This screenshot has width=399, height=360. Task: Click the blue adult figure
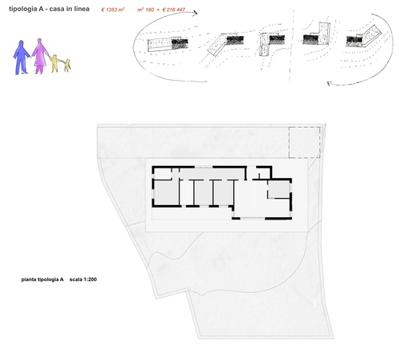click(22, 57)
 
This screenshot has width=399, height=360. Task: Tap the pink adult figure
click(40, 56)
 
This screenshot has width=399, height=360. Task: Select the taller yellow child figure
click(55, 63)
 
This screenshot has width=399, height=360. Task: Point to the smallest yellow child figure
click(68, 65)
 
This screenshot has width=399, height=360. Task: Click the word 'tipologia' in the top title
click(23, 9)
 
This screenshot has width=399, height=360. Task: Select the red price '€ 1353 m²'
click(113, 10)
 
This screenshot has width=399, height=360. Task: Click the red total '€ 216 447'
click(174, 10)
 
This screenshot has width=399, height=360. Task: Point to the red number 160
click(150, 10)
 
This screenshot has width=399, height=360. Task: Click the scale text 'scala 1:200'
click(83, 279)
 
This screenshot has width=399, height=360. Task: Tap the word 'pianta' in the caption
click(29, 279)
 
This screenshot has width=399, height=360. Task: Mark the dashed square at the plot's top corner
click(305, 142)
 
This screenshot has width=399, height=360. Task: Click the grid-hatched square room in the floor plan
click(279, 190)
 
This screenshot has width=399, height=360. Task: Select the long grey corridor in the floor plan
click(211, 173)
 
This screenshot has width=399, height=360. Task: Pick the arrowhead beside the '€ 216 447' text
click(196, 13)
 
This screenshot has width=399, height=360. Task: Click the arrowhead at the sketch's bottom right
click(330, 84)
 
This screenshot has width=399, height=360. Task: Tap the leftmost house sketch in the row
click(168, 44)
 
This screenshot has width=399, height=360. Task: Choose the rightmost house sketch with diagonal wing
click(364, 37)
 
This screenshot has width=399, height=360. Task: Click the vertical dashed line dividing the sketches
click(292, 45)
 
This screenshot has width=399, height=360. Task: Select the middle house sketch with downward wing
click(272, 43)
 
